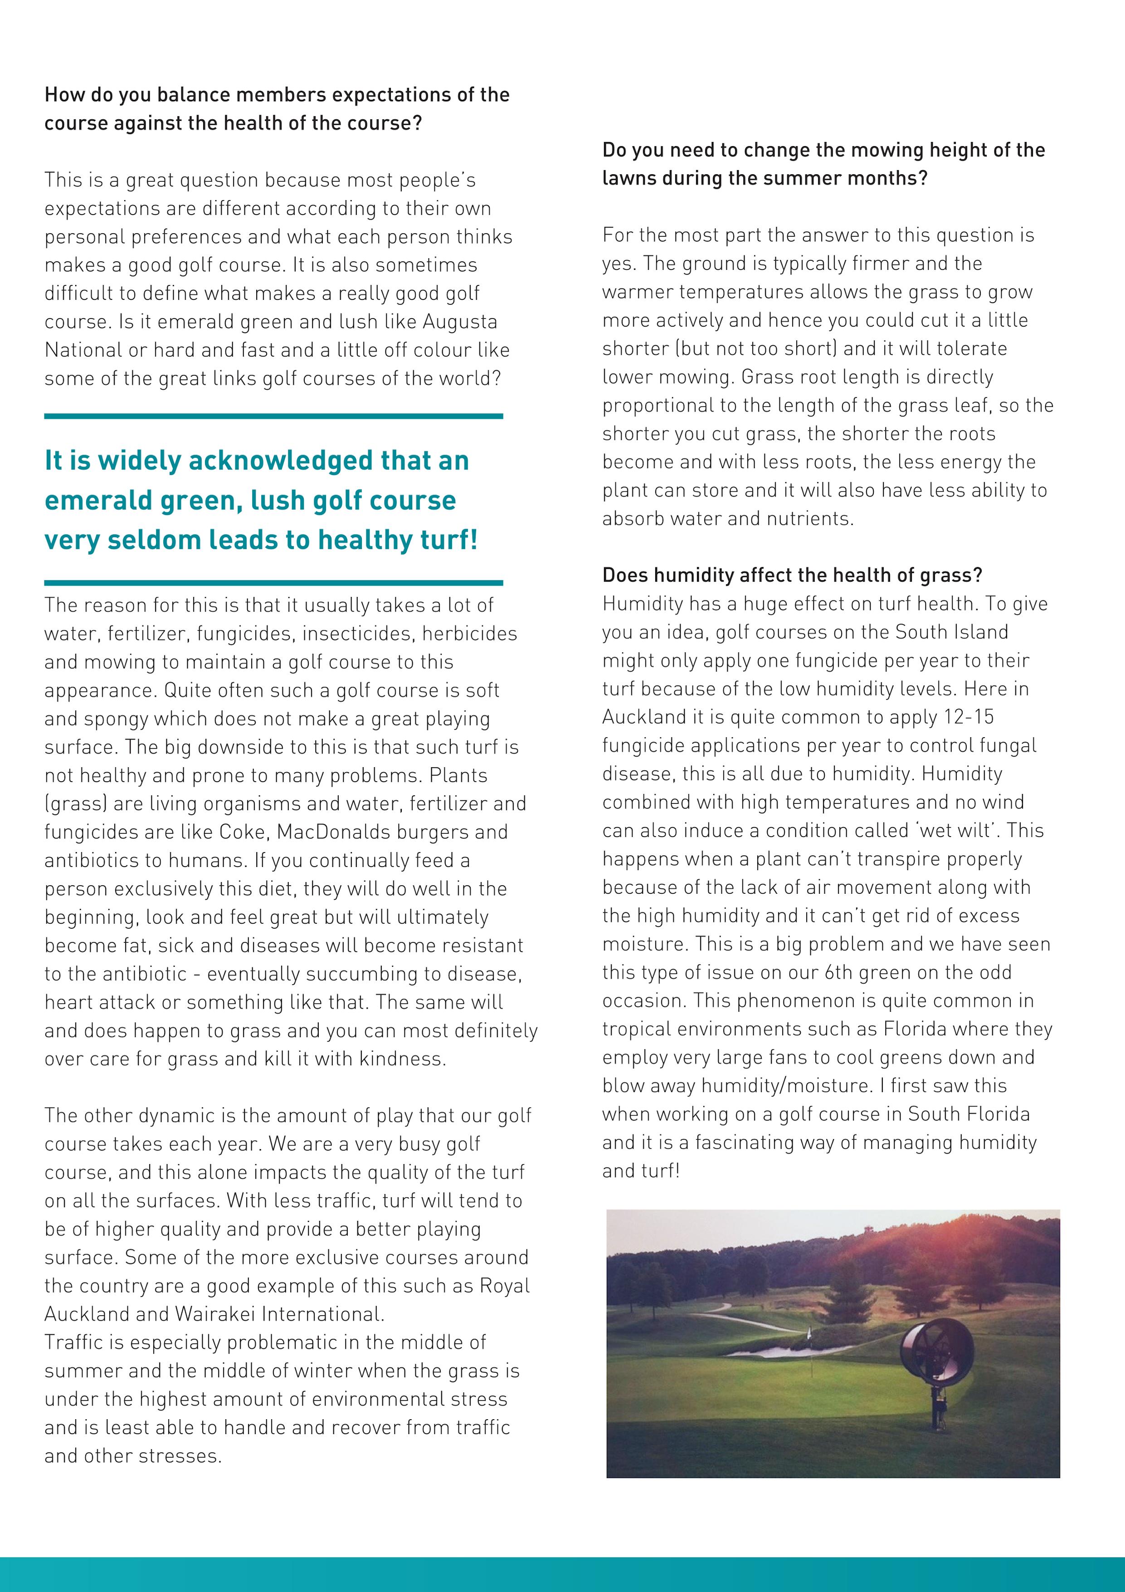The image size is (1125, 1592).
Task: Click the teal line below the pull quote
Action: (273, 583)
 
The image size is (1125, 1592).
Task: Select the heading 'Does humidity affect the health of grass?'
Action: (792, 575)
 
